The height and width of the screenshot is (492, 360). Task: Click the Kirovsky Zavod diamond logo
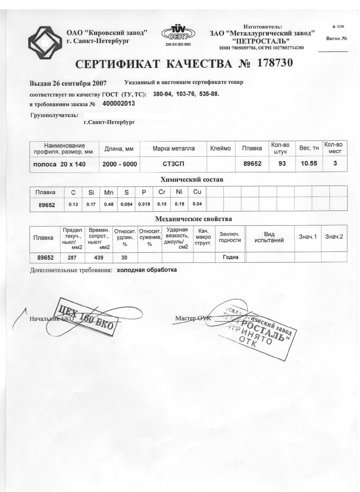tap(45, 43)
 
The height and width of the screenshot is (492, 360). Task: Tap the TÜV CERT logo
tap(178, 34)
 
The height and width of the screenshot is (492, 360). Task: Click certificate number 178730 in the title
tap(275, 63)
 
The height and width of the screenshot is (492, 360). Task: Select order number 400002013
tap(119, 104)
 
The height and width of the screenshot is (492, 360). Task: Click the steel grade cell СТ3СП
tap(173, 164)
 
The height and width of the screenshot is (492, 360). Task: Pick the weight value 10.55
tap(309, 163)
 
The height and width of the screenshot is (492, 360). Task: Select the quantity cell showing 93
tap(282, 164)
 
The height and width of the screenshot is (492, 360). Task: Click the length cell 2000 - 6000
tap(120, 164)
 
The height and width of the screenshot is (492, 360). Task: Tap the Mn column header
tap(109, 192)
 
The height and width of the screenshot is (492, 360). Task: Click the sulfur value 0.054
tap(127, 204)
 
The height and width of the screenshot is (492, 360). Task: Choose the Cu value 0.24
tap(197, 204)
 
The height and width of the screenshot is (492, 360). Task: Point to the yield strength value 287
tap(72, 257)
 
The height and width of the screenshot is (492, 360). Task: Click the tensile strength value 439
tap(99, 257)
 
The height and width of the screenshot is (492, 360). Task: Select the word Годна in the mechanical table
tap(231, 257)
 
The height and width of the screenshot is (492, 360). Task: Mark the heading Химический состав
tap(192, 179)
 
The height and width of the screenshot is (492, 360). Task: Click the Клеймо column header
tap(220, 148)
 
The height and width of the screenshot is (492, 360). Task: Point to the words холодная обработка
tap(147, 270)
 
